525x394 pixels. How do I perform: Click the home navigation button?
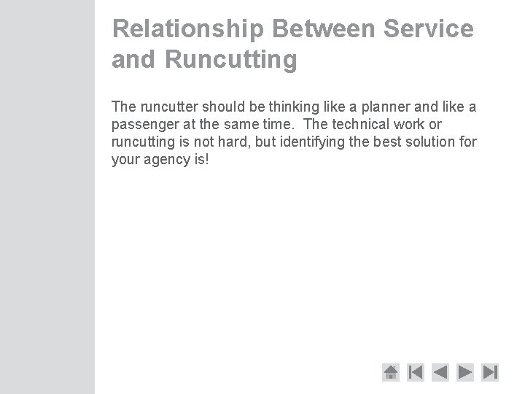pos(391,372)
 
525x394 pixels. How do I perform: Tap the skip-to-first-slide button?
pos(416,372)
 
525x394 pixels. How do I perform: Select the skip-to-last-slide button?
pos(491,372)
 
